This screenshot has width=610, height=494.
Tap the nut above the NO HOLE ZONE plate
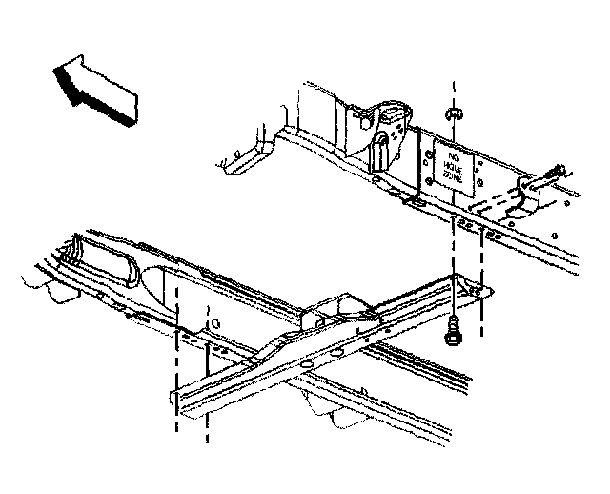(455, 115)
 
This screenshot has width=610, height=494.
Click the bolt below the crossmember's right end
(454, 334)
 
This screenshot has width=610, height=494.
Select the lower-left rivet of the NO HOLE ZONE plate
(434, 178)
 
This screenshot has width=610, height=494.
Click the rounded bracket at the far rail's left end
(244, 159)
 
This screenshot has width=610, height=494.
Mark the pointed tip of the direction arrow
(57, 69)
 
